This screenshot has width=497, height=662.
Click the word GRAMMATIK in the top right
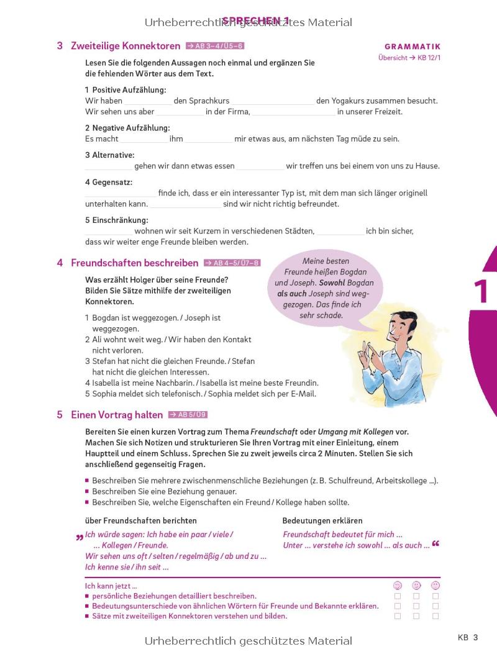(412, 47)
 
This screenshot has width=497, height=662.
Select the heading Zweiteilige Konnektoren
(125, 46)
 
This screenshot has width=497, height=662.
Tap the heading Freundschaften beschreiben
(135, 263)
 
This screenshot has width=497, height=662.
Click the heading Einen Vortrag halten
(117, 415)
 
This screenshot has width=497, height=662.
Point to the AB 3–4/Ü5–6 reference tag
(215, 46)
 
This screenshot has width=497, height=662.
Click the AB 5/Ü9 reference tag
(188, 415)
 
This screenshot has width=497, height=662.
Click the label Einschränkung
(117, 220)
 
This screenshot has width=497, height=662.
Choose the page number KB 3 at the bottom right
(468, 637)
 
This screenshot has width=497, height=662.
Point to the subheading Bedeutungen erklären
(322, 520)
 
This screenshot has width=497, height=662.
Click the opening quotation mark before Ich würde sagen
(80, 537)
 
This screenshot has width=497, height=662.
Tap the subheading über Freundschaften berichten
(140, 520)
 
